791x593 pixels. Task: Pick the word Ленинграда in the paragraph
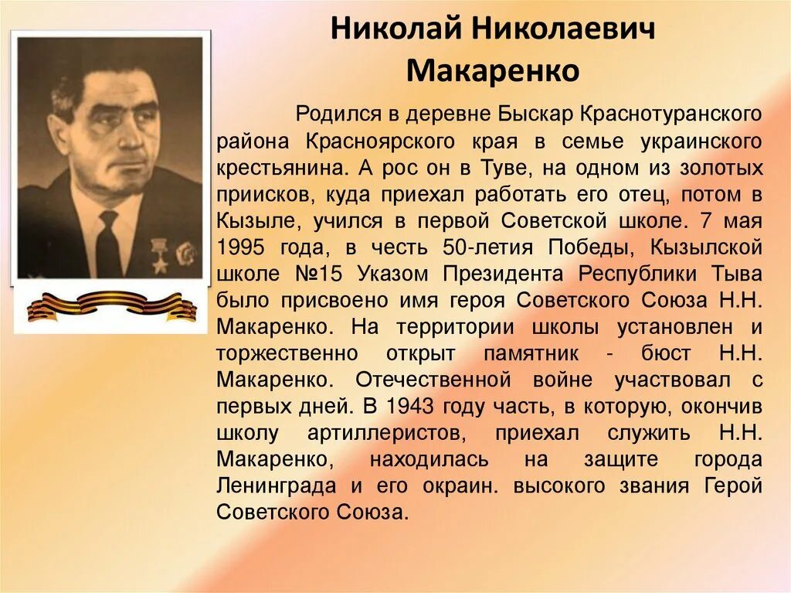click(277, 486)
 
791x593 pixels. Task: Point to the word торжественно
click(287, 353)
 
